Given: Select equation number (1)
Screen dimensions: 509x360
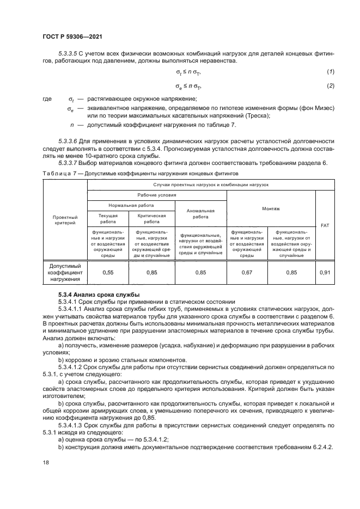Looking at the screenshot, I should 330,72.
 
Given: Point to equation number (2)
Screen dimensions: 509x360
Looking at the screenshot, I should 330,86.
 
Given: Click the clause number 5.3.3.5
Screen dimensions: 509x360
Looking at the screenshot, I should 68,53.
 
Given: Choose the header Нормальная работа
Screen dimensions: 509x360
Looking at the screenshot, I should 131,206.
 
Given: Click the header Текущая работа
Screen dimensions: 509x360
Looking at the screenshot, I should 108,219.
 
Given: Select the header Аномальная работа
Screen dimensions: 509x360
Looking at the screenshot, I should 200,213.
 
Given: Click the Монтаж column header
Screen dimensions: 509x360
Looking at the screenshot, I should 271,208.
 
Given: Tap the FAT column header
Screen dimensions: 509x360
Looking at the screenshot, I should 325,224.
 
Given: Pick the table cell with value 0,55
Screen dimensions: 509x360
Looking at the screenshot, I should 108,272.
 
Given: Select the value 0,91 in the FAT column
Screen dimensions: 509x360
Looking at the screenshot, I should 325,272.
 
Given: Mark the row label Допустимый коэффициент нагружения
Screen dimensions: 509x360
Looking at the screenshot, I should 65,272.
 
